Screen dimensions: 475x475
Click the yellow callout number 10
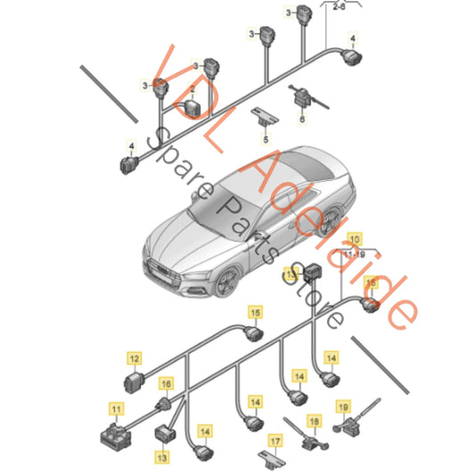[x=355, y=239]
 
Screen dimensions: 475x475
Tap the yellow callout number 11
[x=117, y=410]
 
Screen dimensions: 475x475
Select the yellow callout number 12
[x=135, y=359]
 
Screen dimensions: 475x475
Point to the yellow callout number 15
[x=256, y=313]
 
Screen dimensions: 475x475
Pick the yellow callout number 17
[x=275, y=441]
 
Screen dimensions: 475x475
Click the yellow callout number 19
[x=343, y=407]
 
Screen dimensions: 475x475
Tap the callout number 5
[x=266, y=140]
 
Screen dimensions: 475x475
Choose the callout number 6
[x=302, y=119]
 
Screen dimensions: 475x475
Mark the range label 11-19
[x=355, y=255]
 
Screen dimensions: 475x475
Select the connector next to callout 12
[x=134, y=382]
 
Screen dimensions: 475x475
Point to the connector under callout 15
[x=254, y=334]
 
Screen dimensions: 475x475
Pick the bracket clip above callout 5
[x=265, y=116]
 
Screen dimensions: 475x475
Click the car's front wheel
[x=226, y=282]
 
